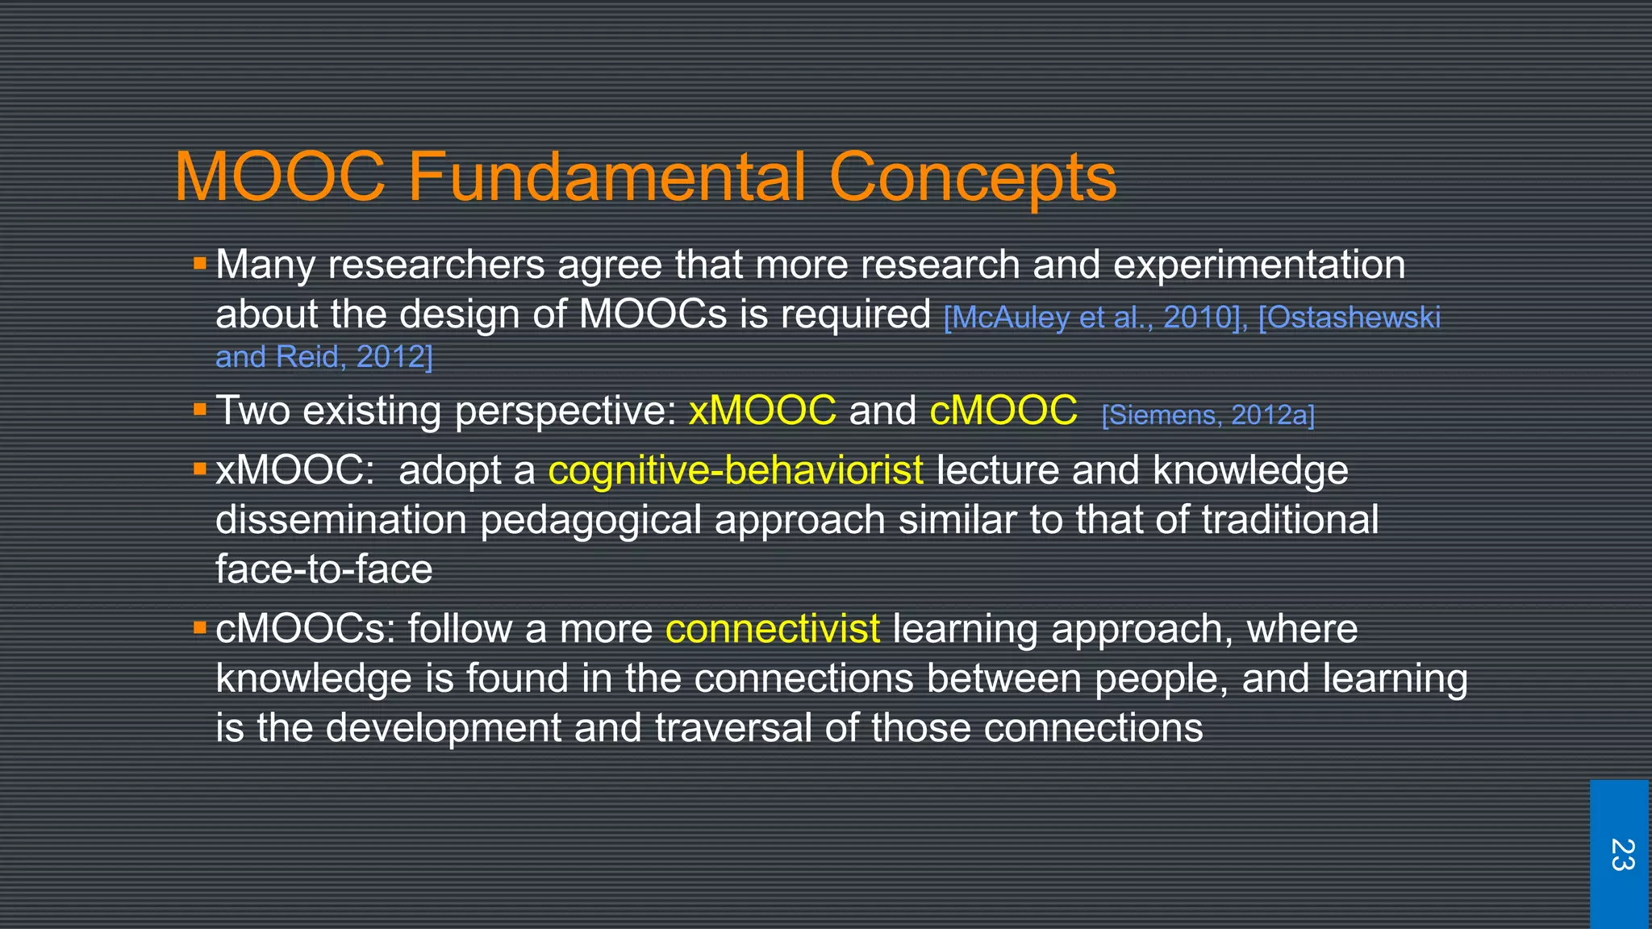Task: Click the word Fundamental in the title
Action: (x=607, y=177)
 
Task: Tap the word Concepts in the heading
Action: (x=972, y=177)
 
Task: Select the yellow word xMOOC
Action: (x=762, y=410)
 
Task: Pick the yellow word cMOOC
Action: (x=1003, y=410)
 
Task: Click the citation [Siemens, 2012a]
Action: (x=1208, y=415)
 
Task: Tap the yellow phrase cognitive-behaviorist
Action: (x=735, y=470)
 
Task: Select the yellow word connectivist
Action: (x=772, y=629)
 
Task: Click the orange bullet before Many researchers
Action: (x=200, y=263)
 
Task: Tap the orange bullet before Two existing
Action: (x=200, y=410)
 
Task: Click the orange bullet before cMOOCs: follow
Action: (x=200, y=627)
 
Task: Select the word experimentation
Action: (x=1258, y=265)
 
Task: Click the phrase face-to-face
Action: (x=323, y=569)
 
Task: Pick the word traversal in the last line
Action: (x=732, y=727)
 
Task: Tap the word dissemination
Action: (x=341, y=520)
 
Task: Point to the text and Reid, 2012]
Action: (x=323, y=356)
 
